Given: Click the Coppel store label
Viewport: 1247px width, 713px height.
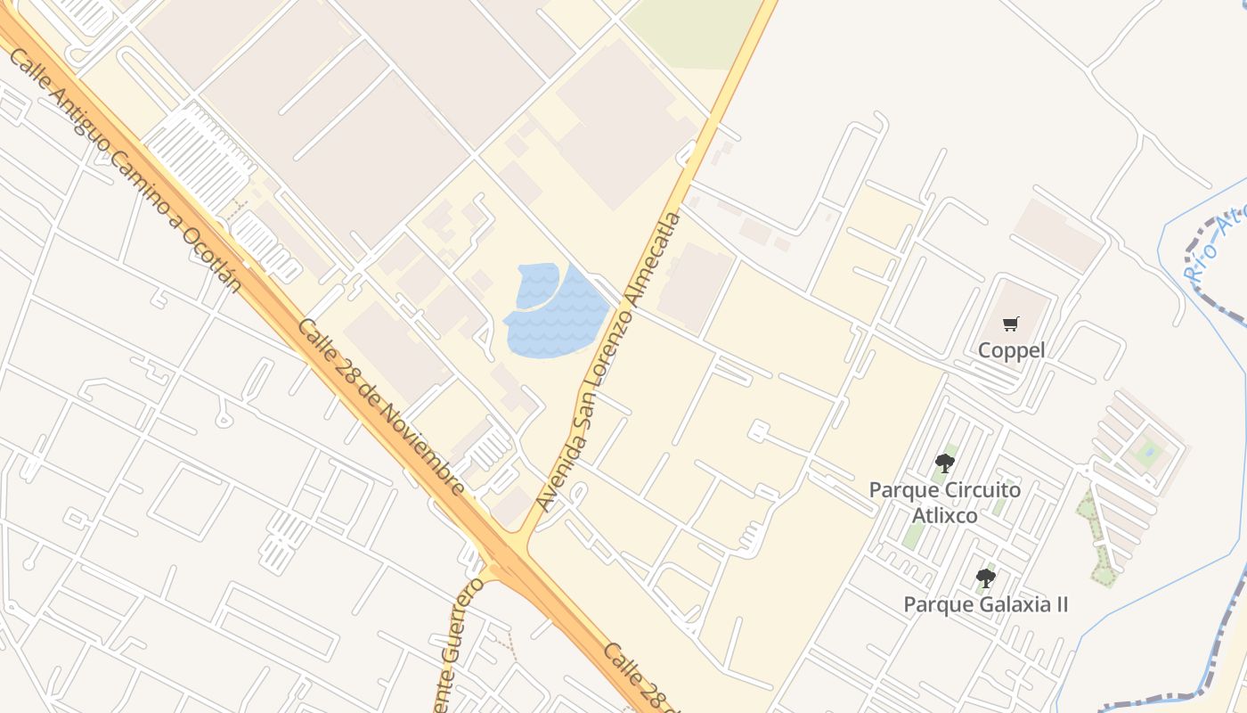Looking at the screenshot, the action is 1011,350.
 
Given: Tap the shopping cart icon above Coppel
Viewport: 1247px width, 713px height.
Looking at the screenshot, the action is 1010,324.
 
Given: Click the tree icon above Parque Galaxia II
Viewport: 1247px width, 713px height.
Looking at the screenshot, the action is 985,578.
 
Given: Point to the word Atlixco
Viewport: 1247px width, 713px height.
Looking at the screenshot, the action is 944,516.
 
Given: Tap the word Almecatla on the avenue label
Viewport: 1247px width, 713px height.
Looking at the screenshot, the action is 656,258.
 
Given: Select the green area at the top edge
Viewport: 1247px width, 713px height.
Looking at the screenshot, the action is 695,31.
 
